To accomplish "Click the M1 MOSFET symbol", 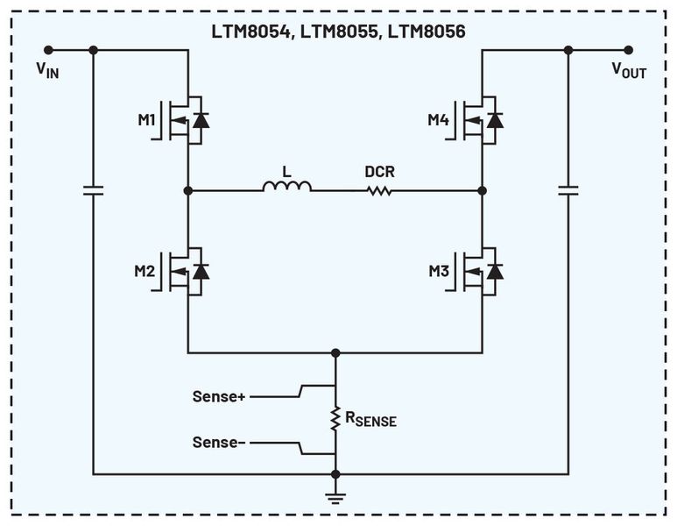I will click(x=187, y=119).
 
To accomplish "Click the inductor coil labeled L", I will click(x=286, y=187).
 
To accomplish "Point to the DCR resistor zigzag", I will click(x=379, y=189).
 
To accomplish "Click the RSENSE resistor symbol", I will click(x=335, y=419).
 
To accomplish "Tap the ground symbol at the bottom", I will click(x=335, y=496).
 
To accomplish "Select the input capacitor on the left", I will click(x=93, y=189).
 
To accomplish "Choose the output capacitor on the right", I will click(x=568, y=189).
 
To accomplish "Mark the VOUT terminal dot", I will click(x=628, y=50).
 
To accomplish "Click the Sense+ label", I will click(x=219, y=396).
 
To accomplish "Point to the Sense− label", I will click(x=219, y=443).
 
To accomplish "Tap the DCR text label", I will click(x=379, y=172).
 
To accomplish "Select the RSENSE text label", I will click(x=370, y=420).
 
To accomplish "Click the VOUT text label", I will click(x=628, y=71).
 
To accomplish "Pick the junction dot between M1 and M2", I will click(x=187, y=190).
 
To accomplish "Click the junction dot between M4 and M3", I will click(x=482, y=190).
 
